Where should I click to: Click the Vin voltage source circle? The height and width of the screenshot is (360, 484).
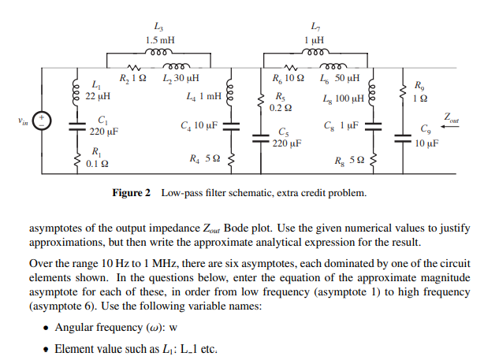(x=44, y=122)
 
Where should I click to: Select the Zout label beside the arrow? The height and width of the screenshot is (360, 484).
(x=451, y=117)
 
